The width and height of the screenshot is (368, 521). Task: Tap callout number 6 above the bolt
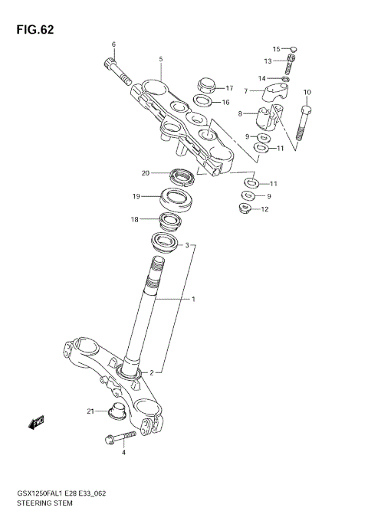tap(113, 44)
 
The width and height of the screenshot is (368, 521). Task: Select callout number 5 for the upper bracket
tap(161, 59)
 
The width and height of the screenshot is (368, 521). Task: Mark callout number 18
tap(134, 219)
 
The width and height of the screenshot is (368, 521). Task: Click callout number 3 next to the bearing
tap(186, 245)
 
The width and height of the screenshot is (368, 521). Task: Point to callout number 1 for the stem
tap(194, 298)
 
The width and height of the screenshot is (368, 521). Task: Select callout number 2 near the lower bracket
tap(152, 372)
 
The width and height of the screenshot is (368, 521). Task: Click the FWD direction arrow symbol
tap(37, 421)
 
